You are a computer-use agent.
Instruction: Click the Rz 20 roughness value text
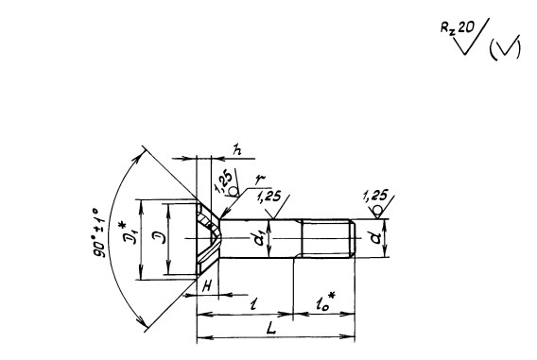[x=458, y=27]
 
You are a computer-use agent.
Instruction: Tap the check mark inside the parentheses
[x=506, y=48]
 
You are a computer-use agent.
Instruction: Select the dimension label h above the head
[x=236, y=149]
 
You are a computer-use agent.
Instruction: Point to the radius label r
[x=261, y=180]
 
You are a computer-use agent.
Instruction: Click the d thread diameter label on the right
[x=375, y=237]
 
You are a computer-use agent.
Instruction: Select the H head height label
[x=207, y=286]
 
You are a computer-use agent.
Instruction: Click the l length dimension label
[x=253, y=303]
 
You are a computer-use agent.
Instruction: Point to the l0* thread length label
[x=324, y=302]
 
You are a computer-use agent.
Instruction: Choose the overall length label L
[x=271, y=329]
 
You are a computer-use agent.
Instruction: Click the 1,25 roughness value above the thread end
[x=375, y=196]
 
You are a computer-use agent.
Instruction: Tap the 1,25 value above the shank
[x=269, y=197]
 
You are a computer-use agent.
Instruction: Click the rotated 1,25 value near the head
[x=223, y=181]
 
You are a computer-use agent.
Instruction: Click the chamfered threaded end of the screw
[x=352, y=238]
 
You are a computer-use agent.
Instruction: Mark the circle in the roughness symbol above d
[x=378, y=210]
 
